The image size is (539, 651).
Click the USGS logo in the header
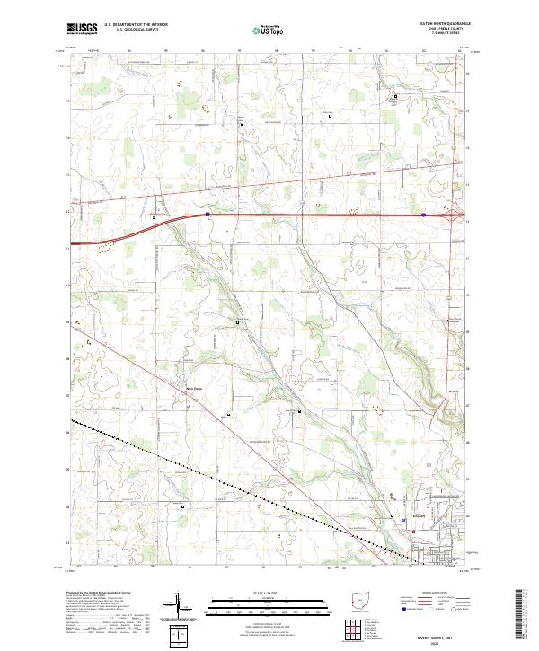[x=83, y=29]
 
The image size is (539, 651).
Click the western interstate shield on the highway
[x=208, y=215]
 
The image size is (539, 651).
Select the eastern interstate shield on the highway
[x=423, y=215]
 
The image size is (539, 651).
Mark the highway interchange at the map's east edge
[x=453, y=216]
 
